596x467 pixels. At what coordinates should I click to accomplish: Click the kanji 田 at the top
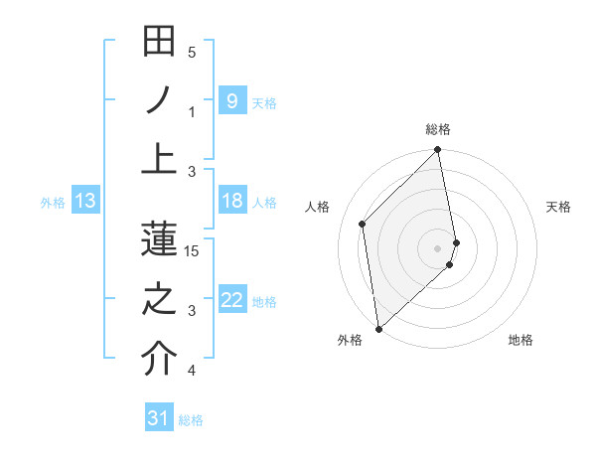(x=159, y=43)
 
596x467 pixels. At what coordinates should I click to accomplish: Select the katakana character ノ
(x=159, y=100)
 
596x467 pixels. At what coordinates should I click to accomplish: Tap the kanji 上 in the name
(x=159, y=158)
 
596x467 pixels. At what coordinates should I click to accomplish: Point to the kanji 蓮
(x=159, y=238)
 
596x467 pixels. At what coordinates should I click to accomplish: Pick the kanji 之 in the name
(x=159, y=298)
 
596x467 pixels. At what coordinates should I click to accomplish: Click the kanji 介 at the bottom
(x=159, y=358)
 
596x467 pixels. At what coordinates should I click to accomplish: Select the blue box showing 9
(x=231, y=101)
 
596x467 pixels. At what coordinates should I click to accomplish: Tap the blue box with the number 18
(x=231, y=202)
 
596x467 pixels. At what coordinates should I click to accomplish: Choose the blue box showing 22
(x=231, y=300)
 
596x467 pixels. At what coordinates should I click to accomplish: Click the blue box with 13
(x=85, y=202)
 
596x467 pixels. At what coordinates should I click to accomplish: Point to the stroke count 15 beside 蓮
(x=192, y=251)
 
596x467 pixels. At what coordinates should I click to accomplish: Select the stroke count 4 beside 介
(x=192, y=371)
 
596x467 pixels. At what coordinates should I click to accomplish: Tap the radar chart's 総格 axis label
(x=438, y=129)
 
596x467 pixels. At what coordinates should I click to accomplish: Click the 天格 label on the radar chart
(x=558, y=207)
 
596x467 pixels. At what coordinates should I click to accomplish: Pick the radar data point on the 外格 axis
(x=378, y=328)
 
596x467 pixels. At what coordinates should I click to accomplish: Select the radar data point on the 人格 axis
(x=363, y=224)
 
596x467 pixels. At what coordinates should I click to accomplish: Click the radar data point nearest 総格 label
(x=438, y=151)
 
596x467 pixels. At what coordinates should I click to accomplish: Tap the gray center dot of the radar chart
(x=438, y=247)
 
